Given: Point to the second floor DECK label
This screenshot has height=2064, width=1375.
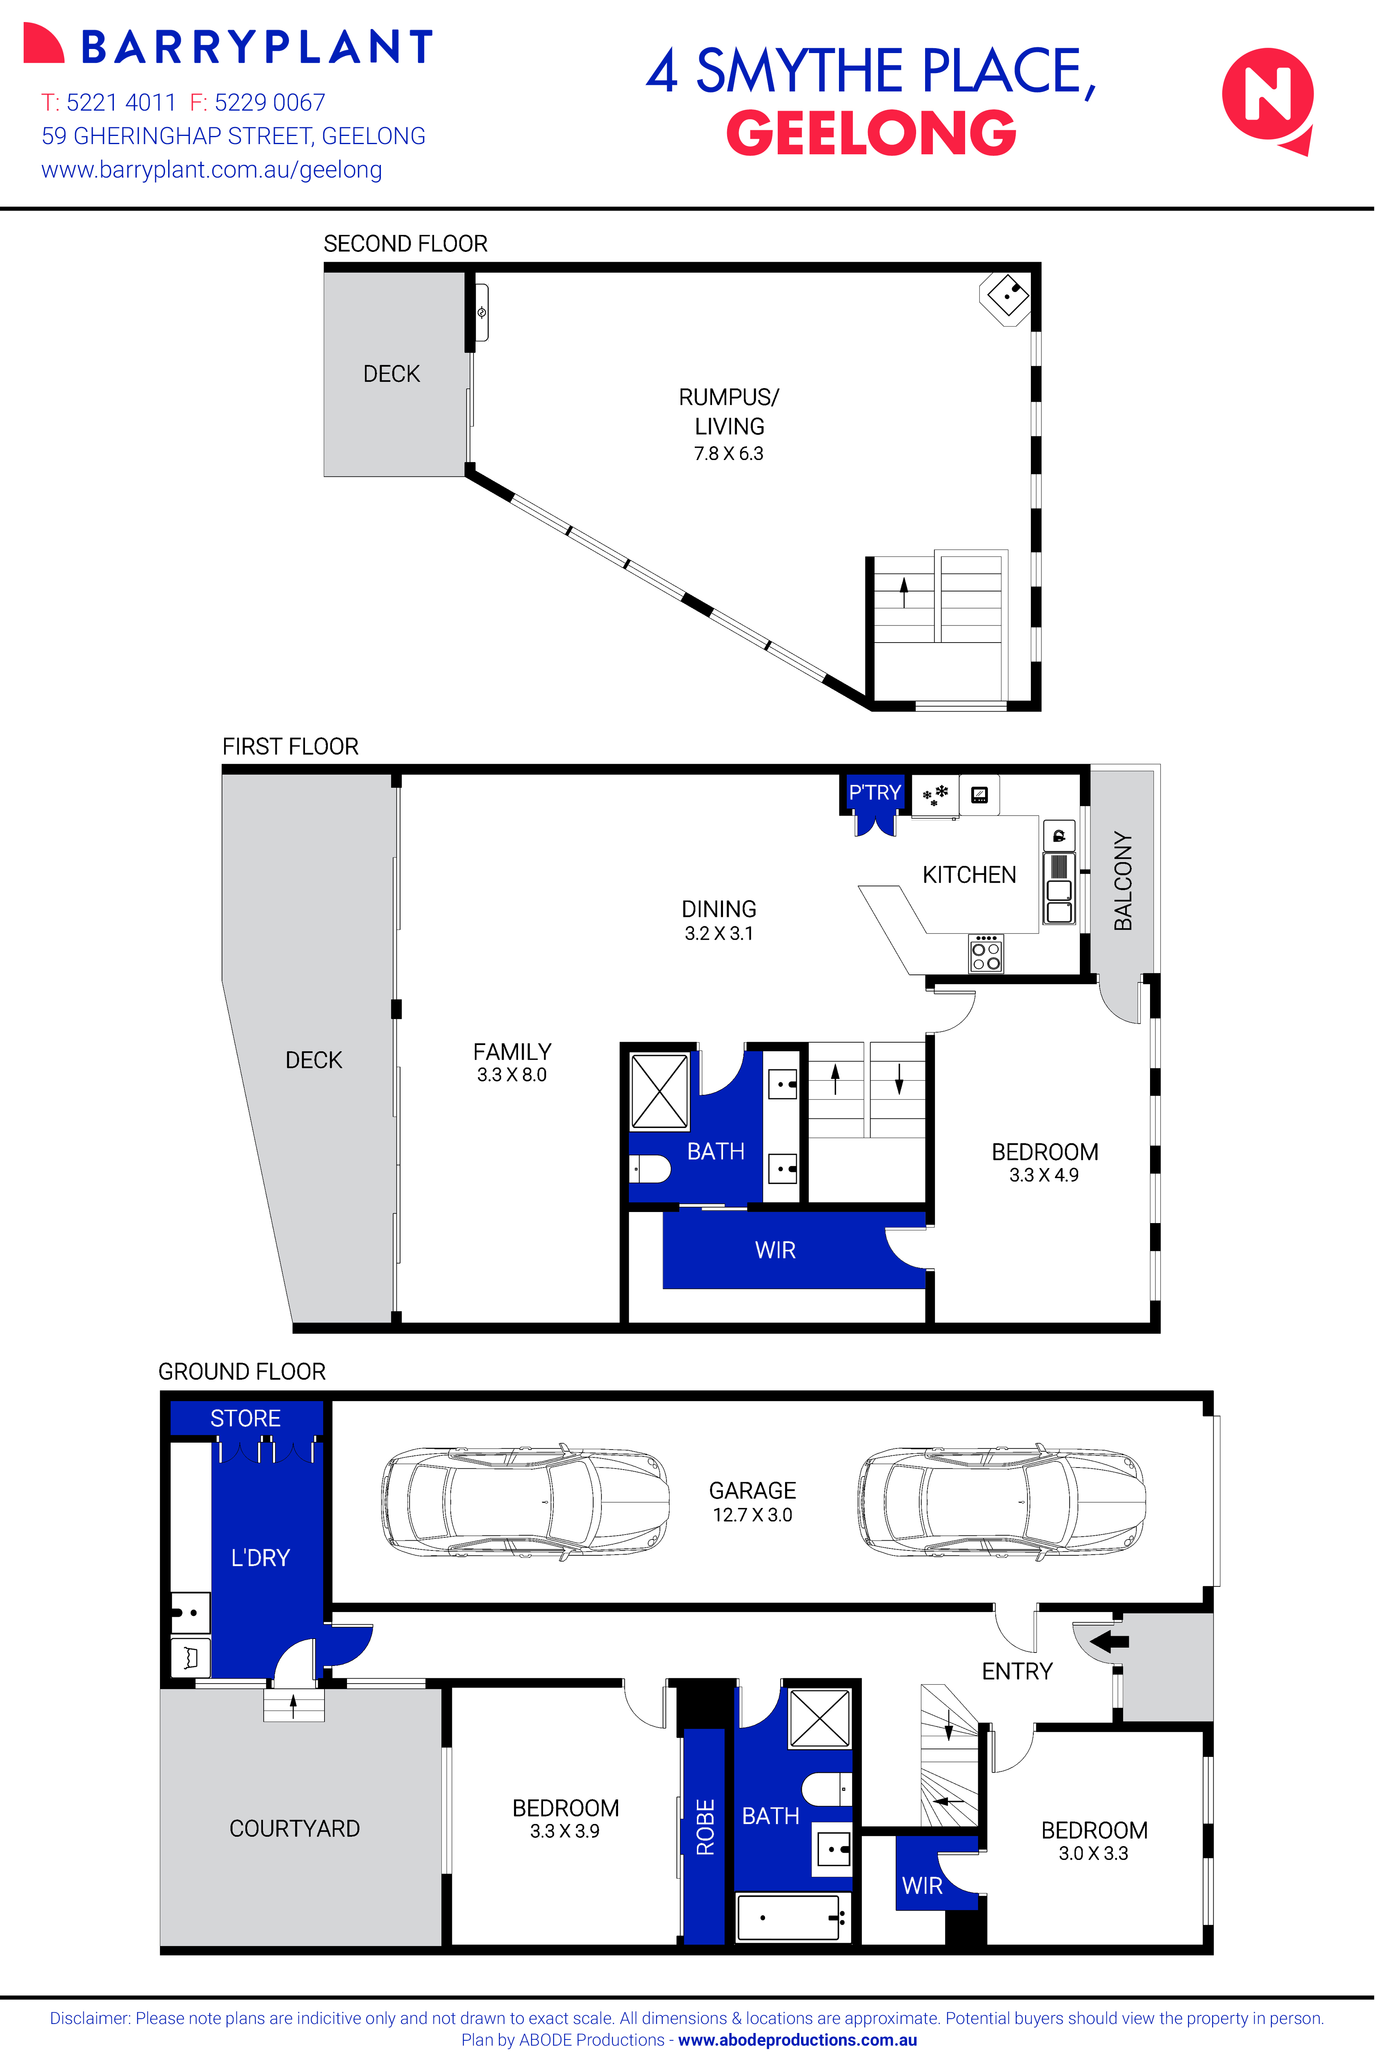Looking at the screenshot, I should pyautogui.click(x=391, y=374).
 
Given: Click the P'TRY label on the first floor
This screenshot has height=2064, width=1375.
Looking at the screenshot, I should pyautogui.click(x=874, y=793).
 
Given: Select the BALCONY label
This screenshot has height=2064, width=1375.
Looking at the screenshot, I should pyautogui.click(x=1124, y=881).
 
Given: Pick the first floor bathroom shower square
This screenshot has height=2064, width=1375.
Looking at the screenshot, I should pyautogui.click(x=659, y=1092).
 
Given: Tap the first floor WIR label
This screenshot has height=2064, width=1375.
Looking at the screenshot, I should pyautogui.click(x=775, y=1250).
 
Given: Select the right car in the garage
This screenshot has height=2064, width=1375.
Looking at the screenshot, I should pyautogui.click(x=1001, y=1502).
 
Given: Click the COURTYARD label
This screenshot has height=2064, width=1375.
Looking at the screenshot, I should pyautogui.click(x=295, y=1829).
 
